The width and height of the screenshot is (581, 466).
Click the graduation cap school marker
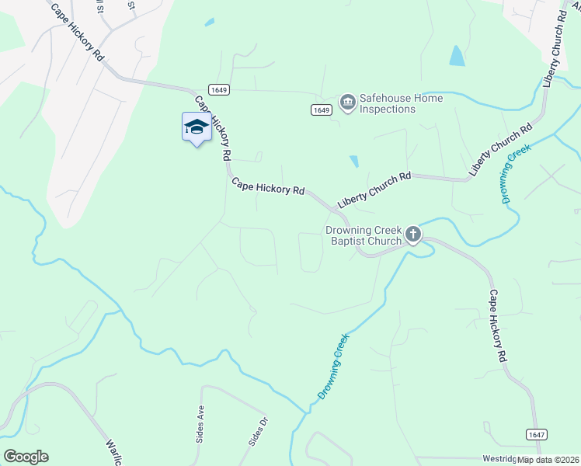[x=197, y=127]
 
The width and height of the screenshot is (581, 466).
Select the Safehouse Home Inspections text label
[x=401, y=104]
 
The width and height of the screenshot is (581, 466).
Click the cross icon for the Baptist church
[x=413, y=233]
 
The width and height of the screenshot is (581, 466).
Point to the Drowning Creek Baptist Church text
[x=364, y=236]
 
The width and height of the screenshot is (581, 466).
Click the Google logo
[x=26, y=457]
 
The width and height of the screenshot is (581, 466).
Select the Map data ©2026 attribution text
[x=548, y=460]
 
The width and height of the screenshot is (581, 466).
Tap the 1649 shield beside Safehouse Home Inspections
[x=322, y=110]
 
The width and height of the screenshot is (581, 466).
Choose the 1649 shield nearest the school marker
[x=218, y=89]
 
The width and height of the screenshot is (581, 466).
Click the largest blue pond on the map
[x=457, y=55]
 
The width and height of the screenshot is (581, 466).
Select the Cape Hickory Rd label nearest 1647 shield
[x=498, y=327]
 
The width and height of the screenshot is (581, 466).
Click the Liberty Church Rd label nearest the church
[x=374, y=190]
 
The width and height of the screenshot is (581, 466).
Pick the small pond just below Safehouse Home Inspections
[x=354, y=162]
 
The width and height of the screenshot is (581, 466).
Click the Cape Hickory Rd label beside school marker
[x=212, y=127]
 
